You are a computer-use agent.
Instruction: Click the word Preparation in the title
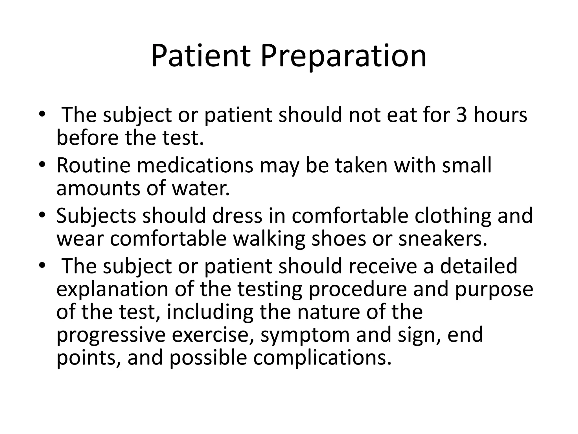coord(343,57)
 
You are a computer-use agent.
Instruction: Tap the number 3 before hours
coord(462,115)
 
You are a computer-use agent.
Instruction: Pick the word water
coord(201,188)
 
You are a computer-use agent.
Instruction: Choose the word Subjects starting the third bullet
coord(96,216)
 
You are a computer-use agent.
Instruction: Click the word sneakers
coord(443,239)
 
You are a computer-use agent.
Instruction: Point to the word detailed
coord(478,266)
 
